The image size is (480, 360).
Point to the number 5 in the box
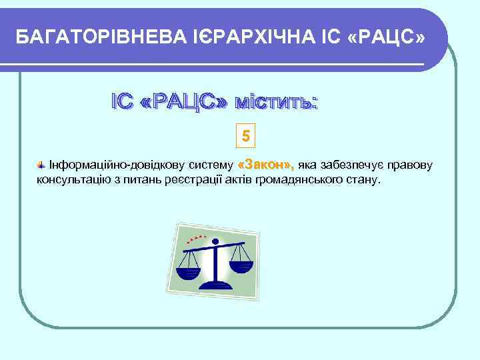pyautogui.click(x=246, y=137)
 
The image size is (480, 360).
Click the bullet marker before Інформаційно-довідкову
pyautogui.click(x=41, y=165)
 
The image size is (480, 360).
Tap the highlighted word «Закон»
pyautogui.click(x=266, y=164)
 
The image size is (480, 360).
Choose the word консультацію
pyautogui.click(x=69, y=180)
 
